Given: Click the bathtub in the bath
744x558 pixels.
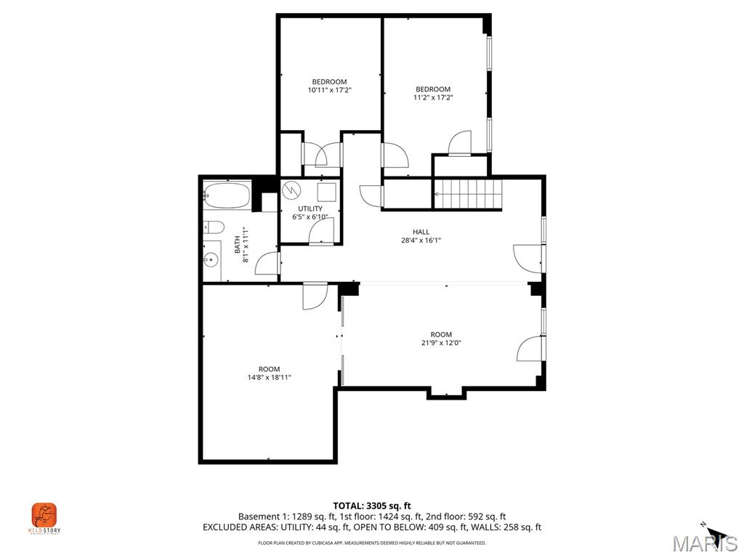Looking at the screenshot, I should coord(227,195).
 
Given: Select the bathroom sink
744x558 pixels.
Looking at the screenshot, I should coord(212,259).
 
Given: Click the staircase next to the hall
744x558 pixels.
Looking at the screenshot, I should coord(469,195).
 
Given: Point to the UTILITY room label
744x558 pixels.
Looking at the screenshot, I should coord(310,209).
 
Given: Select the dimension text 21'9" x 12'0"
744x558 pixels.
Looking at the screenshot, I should coord(441,343).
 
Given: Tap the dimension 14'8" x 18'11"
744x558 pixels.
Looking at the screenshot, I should coord(269,377).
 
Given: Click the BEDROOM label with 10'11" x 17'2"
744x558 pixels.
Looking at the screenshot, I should coord(329,81).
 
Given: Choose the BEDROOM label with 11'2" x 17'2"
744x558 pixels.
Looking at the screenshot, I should coord(433,89).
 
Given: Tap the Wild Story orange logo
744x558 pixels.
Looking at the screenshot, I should coord(44,515).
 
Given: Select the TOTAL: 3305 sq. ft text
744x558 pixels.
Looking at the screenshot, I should coord(372,506).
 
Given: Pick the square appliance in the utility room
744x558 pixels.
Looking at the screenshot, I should coord(326,192).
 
